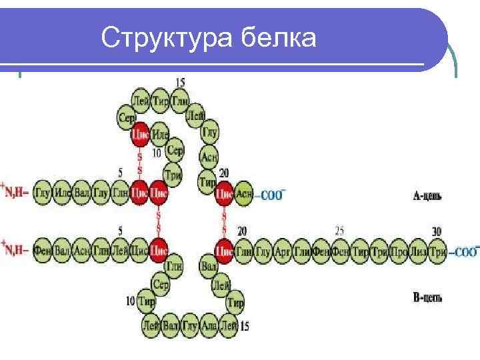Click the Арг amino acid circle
tap(283, 251)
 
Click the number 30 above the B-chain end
tap(436, 231)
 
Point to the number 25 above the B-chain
tap(339, 231)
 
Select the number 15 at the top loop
tap(180, 82)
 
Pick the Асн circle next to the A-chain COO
tap(244, 193)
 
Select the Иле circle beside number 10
tap(160, 135)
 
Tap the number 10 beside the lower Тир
tap(130, 300)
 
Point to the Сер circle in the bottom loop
tap(161, 284)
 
